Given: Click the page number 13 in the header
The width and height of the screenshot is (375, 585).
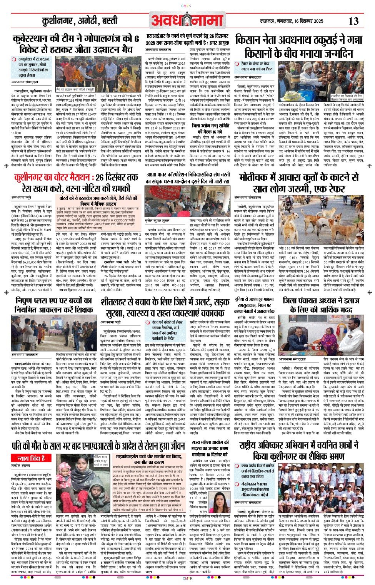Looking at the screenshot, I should tap(353, 22).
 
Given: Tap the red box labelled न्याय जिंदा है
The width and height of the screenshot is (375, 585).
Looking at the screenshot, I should tap(31, 458).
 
